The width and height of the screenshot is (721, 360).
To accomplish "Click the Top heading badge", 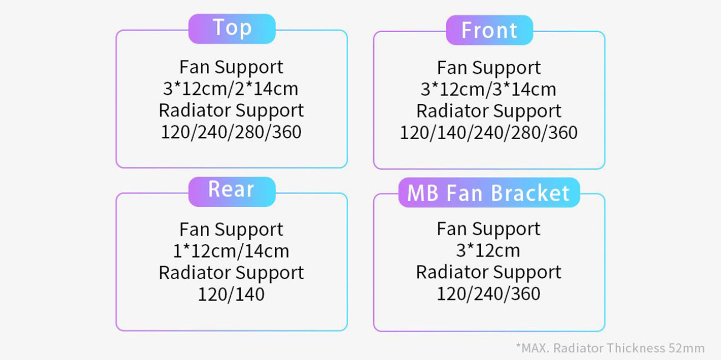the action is (232, 29).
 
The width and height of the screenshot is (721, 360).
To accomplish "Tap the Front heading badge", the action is (489, 30).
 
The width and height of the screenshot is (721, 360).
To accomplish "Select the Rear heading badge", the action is (232, 191).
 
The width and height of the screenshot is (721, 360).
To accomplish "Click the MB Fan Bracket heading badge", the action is (489, 192).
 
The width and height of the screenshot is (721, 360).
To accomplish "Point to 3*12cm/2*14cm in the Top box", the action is (231, 89).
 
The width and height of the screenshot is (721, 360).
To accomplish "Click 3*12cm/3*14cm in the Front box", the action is (488, 89).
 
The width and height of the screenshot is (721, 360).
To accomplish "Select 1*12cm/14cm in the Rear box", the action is (231, 251).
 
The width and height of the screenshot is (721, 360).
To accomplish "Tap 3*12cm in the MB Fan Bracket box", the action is (488, 251).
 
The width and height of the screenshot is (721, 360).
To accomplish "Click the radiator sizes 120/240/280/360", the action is (231, 132).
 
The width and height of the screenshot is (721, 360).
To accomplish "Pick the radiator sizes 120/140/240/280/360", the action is (489, 133).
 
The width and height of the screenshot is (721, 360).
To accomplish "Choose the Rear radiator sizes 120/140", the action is (231, 295).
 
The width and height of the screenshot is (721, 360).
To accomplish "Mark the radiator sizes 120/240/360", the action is (488, 293).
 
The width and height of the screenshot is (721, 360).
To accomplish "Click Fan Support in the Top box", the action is (231, 67).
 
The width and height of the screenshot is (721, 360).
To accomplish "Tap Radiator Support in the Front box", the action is (489, 111).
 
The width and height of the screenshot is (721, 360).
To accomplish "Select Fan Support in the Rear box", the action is (231, 230).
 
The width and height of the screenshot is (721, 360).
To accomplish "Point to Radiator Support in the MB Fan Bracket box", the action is (489, 272).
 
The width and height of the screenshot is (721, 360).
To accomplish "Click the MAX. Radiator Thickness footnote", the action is (610, 348).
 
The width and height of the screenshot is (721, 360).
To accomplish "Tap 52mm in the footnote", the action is (687, 348).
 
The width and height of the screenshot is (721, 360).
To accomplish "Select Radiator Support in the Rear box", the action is (231, 273).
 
